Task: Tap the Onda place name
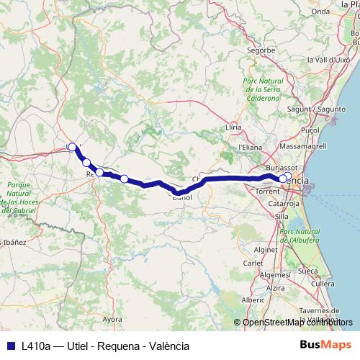pos(320,11)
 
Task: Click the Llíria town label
pos(233,127)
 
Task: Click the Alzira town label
pos(275,288)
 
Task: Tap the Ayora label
pos(112,318)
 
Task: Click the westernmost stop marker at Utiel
pos(72,147)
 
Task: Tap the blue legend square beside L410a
pos(9,346)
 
